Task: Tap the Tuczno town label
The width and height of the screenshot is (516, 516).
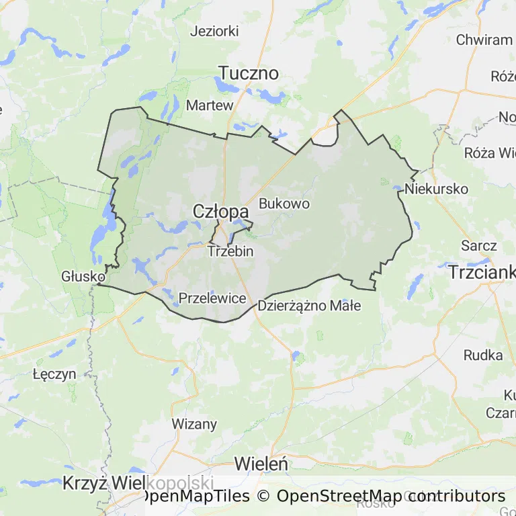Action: click(x=249, y=73)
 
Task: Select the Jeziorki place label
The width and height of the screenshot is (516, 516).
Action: click(x=214, y=31)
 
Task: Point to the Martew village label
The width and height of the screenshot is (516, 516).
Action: click(x=210, y=105)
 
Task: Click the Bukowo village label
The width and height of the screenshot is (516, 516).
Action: click(x=284, y=203)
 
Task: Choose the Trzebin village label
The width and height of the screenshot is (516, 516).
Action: click(x=230, y=251)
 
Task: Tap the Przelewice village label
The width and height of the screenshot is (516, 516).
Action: click(x=212, y=298)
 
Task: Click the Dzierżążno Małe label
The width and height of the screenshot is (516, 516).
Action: click(x=309, y=306)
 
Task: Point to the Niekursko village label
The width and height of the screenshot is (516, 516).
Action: click(x=436, y=189)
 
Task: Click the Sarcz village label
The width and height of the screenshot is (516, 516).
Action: click(x=479, y=246)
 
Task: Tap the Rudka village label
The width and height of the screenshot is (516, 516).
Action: click(x=483, y=355)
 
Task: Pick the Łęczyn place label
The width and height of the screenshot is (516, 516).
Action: click(x=54, y=374)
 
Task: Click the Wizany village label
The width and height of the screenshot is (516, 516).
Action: click(x=195, y=424)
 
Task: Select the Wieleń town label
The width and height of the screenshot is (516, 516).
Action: click(x=261, y=464)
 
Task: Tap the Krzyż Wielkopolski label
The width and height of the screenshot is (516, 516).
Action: click(x=138, y=483)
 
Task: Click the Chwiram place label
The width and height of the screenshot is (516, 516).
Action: click(x=484, y=40)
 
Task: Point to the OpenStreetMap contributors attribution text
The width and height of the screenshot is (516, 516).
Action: click(x=391, y=496)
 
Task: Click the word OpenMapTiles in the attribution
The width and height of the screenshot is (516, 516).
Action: click(x=195, y=496)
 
